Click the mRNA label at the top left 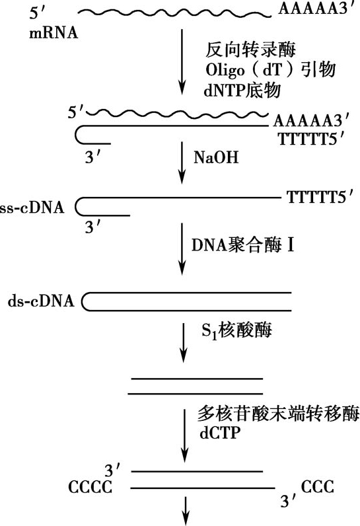54,33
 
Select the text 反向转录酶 250,50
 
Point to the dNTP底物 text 242,91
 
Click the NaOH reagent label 216,157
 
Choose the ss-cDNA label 32,207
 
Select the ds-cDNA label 41,301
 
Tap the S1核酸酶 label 236,330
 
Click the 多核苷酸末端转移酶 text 279,413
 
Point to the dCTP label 220,433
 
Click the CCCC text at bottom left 90,487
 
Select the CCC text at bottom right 317,487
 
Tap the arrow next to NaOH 182,163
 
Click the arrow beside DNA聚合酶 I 182,249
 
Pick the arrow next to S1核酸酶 183,343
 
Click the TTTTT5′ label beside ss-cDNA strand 320,197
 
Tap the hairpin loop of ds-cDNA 83,301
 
